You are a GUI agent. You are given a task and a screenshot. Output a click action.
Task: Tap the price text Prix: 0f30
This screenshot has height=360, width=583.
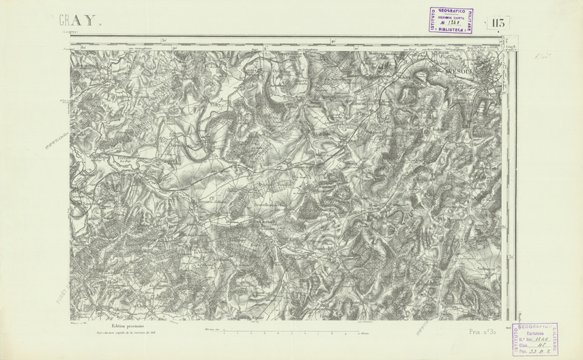point(483,331)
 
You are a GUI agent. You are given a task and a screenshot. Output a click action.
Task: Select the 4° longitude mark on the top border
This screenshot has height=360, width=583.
point(330,41)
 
